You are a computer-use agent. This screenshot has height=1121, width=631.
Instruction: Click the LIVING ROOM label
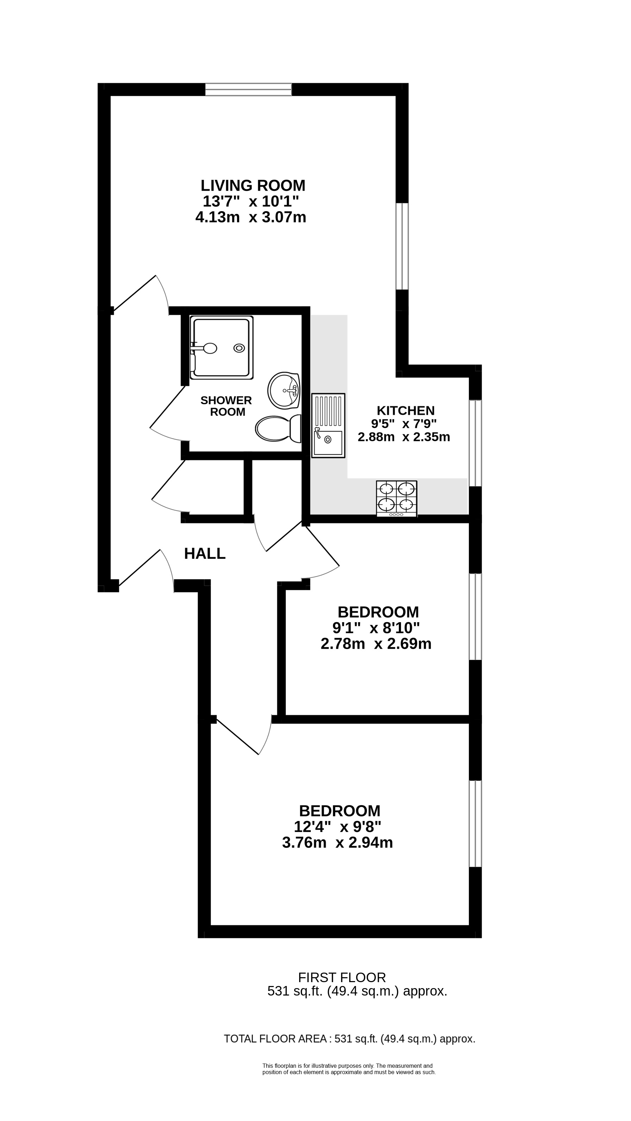coord(253,186)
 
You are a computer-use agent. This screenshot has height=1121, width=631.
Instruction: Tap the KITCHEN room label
coord(405,410)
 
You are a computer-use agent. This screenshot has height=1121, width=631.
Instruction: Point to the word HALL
coord(205,553)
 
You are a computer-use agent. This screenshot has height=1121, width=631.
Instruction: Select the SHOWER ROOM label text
coord(227,406)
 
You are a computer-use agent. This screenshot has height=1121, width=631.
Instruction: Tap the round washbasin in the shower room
coord(284,390)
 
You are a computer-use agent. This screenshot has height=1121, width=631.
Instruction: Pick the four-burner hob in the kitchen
coord(397,499)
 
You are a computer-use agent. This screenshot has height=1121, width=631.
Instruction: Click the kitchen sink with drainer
coord(328,425)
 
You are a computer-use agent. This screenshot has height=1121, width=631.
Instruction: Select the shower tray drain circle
coord(239,348)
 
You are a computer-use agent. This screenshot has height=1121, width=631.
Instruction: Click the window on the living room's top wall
coord(248,89)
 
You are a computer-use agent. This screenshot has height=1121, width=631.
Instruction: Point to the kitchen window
coord(475,442)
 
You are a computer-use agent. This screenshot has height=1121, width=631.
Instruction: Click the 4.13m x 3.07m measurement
coord(251,217)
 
